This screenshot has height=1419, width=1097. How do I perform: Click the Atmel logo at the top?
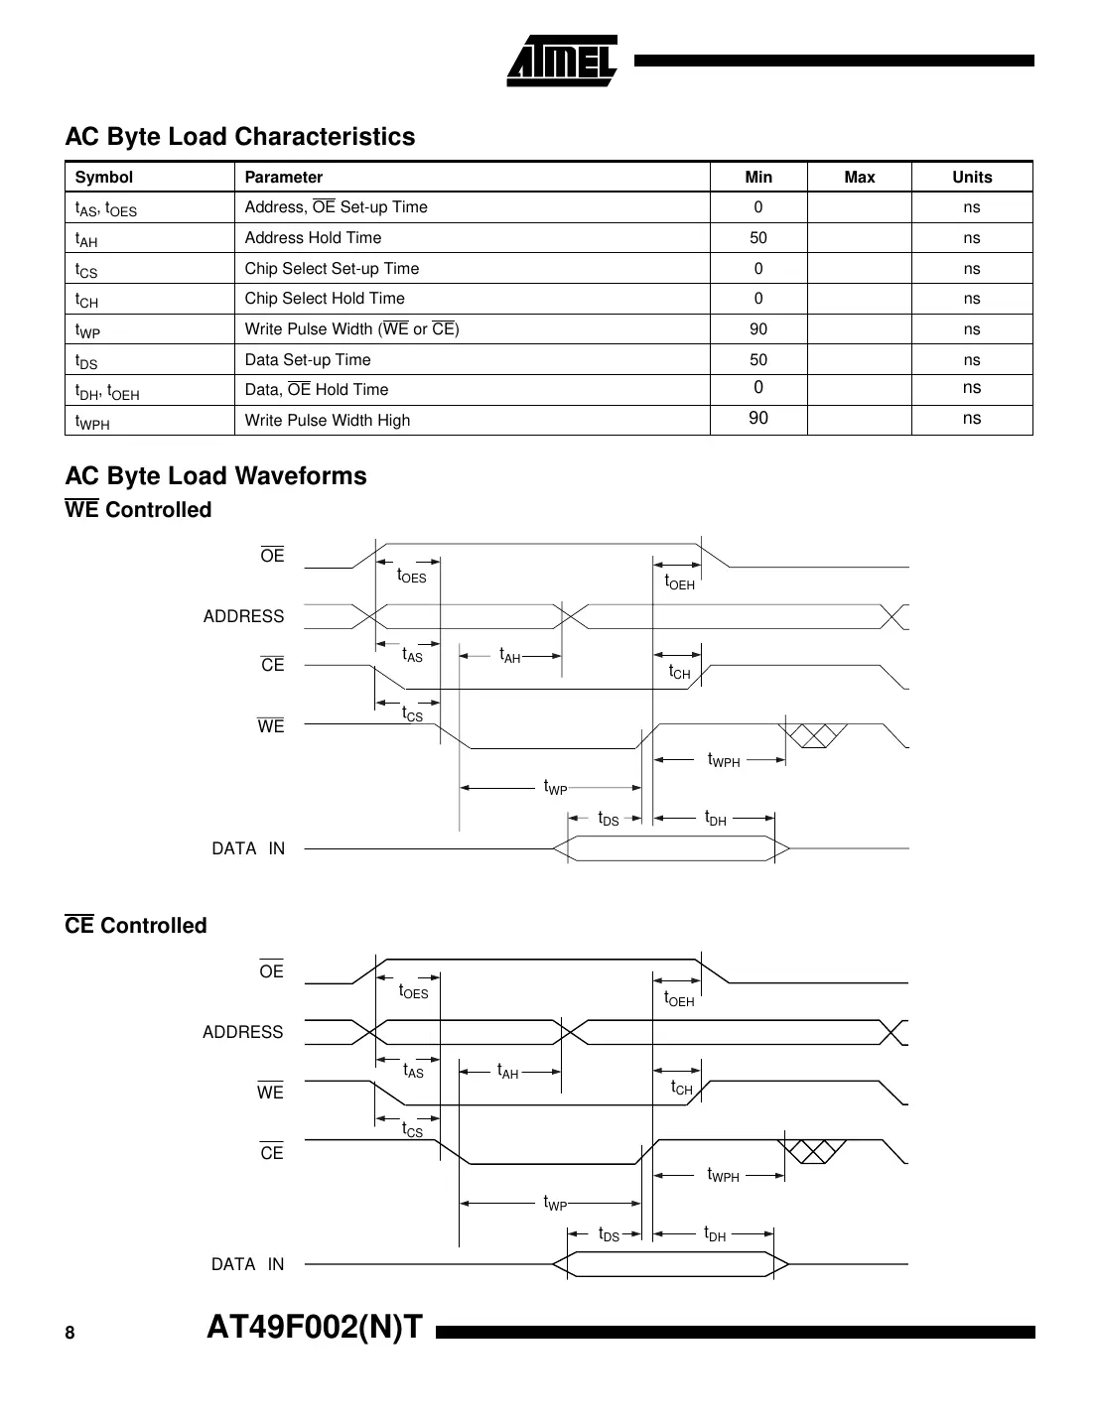pyautogui.click(x=562, y=62)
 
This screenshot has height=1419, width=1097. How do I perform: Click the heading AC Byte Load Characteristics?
pyautogui.click(x=239, y=136)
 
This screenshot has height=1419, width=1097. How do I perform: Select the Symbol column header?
pyautogui.click(x=104, y=177)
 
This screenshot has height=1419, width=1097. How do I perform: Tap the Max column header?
pyautogui.click(x=859, y=177)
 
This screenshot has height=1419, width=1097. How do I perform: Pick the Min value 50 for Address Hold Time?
pyautogui.click(x=758, y=238)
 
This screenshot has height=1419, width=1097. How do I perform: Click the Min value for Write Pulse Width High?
pyautogui.click(x=758, y=419)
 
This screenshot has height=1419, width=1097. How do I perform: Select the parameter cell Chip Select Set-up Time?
pyautogui.click(x=332, y=269)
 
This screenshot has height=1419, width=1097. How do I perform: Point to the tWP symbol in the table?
pyautogui.click(x=87, y=330)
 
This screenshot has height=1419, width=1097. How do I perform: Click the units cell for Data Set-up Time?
pyautogui.click(x=971, y=359)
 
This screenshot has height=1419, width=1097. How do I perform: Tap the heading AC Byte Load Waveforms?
pyautogui.click(x=215, y=476)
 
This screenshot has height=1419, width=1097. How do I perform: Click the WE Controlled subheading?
pyautogui.click(x=138, y=510)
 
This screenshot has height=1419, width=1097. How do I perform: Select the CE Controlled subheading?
pyautogui.click(x=136, y=926)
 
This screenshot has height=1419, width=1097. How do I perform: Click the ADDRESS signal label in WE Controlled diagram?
pyautogui.click(x=243, y=616)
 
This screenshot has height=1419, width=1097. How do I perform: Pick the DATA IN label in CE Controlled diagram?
pyautogui.click(x=247, y=1264)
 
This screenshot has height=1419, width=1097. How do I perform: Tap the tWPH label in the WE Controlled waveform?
pyautogui.click(x=723, y=761)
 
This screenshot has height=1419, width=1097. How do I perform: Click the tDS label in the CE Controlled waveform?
pyautogui.click(x=609, y=1235)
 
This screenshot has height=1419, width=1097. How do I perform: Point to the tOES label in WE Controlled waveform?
pyautogui.click(x=411, y=577)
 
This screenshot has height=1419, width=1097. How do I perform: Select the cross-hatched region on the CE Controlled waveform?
pyautogui.click(x=815, y=1151)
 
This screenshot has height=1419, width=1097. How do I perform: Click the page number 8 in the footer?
pyautogui.click(x=69, y=1333)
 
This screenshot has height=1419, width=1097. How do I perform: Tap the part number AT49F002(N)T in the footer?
pyautogui.click(x=315, y=1327)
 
